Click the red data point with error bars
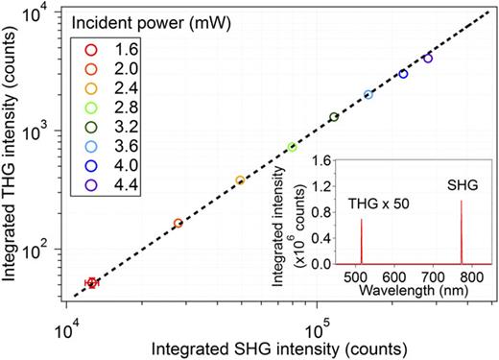click(91, 282)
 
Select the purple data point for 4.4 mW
click(427, 59)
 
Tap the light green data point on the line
click(292, 147)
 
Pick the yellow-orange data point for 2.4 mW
click(240, 180)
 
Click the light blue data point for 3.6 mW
click(368, 94)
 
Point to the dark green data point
click(334, 117)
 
